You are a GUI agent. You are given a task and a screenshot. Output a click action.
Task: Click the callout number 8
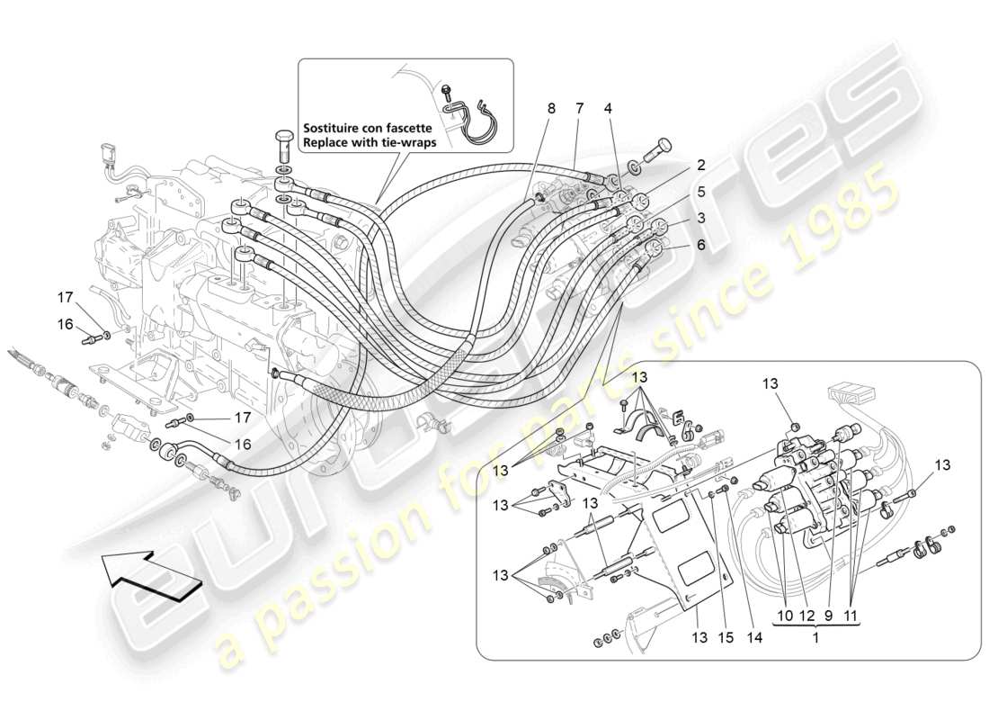click(x=551, y=109)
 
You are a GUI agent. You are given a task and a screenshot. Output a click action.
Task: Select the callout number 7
click(x=579, y=109)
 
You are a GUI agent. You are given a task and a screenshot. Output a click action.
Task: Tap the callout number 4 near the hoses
click(x=608, y=109)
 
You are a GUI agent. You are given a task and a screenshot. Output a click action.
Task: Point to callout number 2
click(x=699, y=166)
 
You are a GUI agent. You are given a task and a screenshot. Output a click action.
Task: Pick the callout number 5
click(x=699, y=191)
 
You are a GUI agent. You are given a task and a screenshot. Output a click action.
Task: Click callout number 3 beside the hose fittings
click(x=699, y=219)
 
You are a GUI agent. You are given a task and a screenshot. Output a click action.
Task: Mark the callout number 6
click(x=699, y=244)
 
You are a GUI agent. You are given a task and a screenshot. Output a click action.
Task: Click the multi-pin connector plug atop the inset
click(x=849, y=395)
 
